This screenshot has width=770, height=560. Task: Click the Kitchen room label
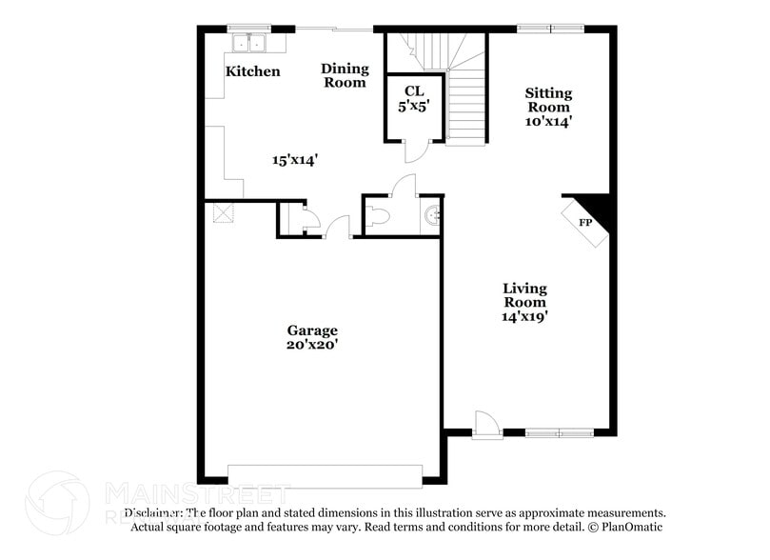pos(252,71)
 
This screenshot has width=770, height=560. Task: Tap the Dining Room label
pos(344,75)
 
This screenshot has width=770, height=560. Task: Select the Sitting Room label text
pos(549,100)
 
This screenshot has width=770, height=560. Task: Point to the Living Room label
pos(524,294)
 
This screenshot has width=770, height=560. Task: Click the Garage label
pos(312,330)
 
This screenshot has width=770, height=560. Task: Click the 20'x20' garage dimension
pos(312,345)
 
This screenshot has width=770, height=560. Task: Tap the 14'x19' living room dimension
pos(524,315)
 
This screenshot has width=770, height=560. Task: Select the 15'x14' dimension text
pos(294,160)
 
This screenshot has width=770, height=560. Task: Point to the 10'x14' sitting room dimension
pos(549,121)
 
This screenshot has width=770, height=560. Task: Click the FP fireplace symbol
pos(586,223)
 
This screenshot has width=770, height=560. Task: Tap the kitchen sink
pos(250,42)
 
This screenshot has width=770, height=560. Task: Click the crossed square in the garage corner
pos(221,211)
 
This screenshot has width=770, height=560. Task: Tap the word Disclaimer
pos(157,512)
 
